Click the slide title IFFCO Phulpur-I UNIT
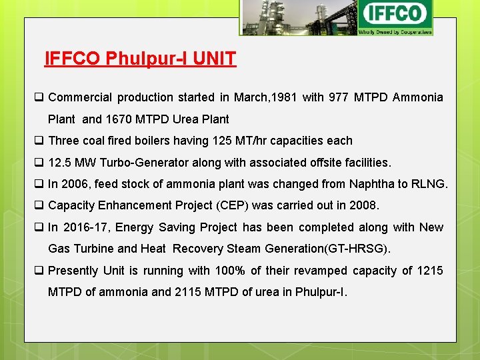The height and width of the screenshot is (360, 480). coord(140,59)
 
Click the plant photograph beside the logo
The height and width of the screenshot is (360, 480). coord(298,17)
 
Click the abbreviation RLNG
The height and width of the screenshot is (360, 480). coord(427,184)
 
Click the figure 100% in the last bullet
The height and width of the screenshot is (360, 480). coord(231,271)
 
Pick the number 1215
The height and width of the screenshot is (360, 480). coord(430,271)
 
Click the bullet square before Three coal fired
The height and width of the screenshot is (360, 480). coord(39,141)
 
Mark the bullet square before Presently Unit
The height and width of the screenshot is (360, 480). coord(39,271)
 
